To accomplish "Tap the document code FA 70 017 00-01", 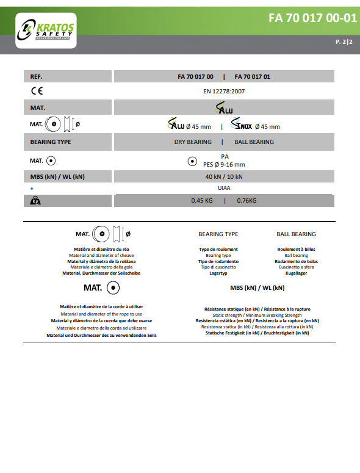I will [x=312, y=18].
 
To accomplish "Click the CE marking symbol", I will [x=37, y=92].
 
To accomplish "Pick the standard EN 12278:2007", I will [x=224, y=92].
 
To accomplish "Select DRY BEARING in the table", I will [x=193, y=142].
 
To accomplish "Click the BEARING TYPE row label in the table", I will [x=51, y=142].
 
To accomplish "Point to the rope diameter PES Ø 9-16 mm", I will [x=224, y=164].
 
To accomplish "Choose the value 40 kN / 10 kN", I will [x=224, y=177].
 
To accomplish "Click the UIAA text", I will [x=224, y=189].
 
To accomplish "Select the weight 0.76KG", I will [x=247, y=200].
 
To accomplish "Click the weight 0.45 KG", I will [x=202, y=200].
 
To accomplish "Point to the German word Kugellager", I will [x=296, y=273].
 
